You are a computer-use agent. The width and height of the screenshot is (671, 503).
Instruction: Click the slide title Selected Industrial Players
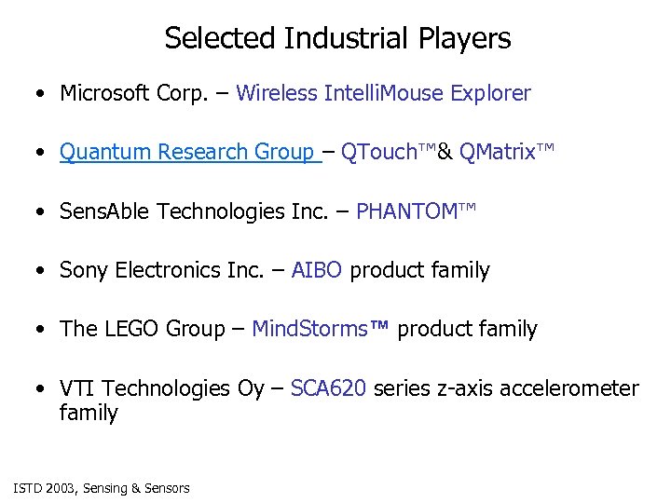tap(337, 38)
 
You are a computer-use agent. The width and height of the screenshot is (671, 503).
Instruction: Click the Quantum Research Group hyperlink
tap(186, 152)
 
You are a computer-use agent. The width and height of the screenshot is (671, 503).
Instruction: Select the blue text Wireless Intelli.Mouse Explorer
tap(383, 93)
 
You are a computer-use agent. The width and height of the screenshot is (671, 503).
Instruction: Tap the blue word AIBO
tap(317, 270)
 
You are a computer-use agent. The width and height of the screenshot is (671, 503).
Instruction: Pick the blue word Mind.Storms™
tap(322, 329)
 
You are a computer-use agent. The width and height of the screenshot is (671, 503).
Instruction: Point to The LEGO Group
tap(142, 329)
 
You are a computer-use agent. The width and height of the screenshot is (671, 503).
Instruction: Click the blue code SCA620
tap(328, 388)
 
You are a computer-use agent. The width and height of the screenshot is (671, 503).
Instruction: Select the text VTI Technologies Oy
tap(161, 388)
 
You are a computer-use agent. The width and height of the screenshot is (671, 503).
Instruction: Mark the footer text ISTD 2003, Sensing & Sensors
tap(102, 488)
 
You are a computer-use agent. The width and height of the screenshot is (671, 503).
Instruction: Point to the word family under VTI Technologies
tap(89, 413)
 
